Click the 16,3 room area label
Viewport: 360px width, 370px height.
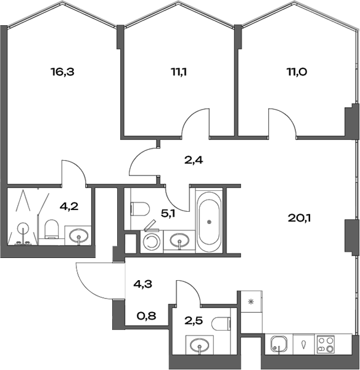pyautogui.click(x=62, y=71)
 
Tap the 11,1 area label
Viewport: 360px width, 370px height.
pyautogui.click(x=179, y=71)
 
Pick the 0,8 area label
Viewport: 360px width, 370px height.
pyautogui.click(x=145, y=316)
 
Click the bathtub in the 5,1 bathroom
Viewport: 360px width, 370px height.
pyautogui.click(x=210, y=221)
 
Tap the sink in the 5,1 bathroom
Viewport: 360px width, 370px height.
pyautogui.click(x=179, y=239)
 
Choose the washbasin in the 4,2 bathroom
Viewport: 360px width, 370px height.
pyautogui.click(x=78, y=235)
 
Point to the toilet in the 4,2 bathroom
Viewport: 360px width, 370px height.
pyautogui.click(x=52, y=231)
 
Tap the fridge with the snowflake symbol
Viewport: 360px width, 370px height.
pyautogui.click(x=251, y=302)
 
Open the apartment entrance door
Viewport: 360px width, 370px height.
pyautogui.click(x=92, y=280)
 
